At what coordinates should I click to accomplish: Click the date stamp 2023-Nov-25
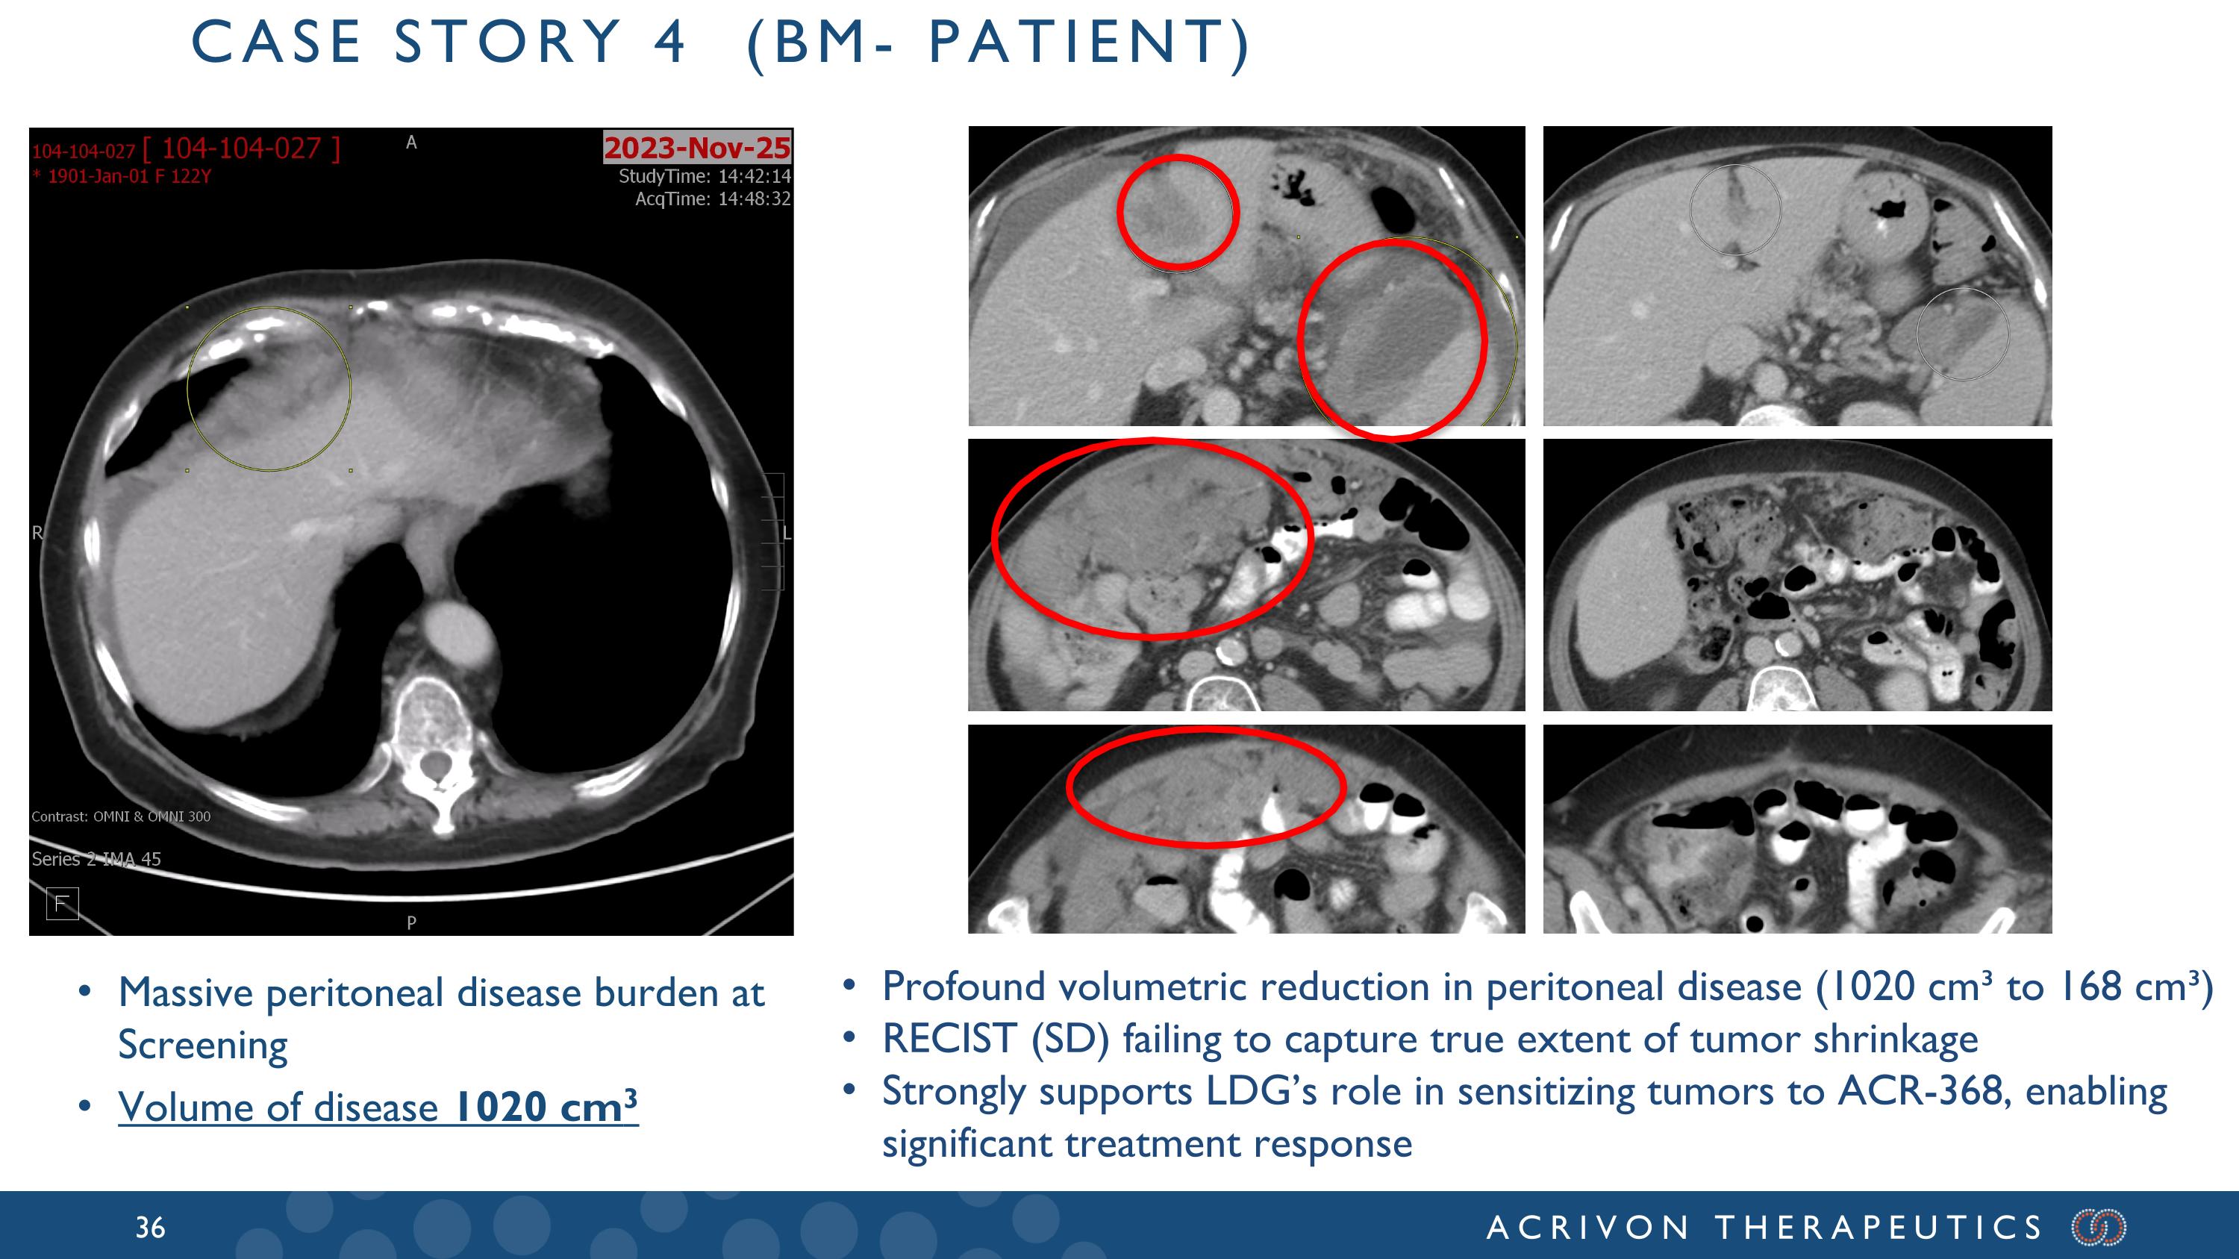point(697,148)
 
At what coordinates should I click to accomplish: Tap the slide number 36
point(150,1227)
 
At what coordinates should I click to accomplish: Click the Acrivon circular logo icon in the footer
point(2099,1227)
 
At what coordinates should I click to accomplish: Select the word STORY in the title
point(508,42)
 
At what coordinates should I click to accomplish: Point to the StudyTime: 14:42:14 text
point(705,176)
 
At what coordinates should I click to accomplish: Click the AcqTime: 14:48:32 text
point(713,199)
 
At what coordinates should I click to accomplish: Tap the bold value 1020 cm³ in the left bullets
point(546,1106)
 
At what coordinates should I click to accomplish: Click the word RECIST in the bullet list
point(949,1038)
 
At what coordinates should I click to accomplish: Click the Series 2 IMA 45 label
point(96,859)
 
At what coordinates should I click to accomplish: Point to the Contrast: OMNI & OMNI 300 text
point(121,816)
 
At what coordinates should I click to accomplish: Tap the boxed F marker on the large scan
point(62,904)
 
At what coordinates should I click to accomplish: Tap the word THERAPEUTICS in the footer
point(1879,1228)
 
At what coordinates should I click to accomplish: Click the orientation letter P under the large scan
point(411,922)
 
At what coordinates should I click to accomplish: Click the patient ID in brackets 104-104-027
point(242,149)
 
